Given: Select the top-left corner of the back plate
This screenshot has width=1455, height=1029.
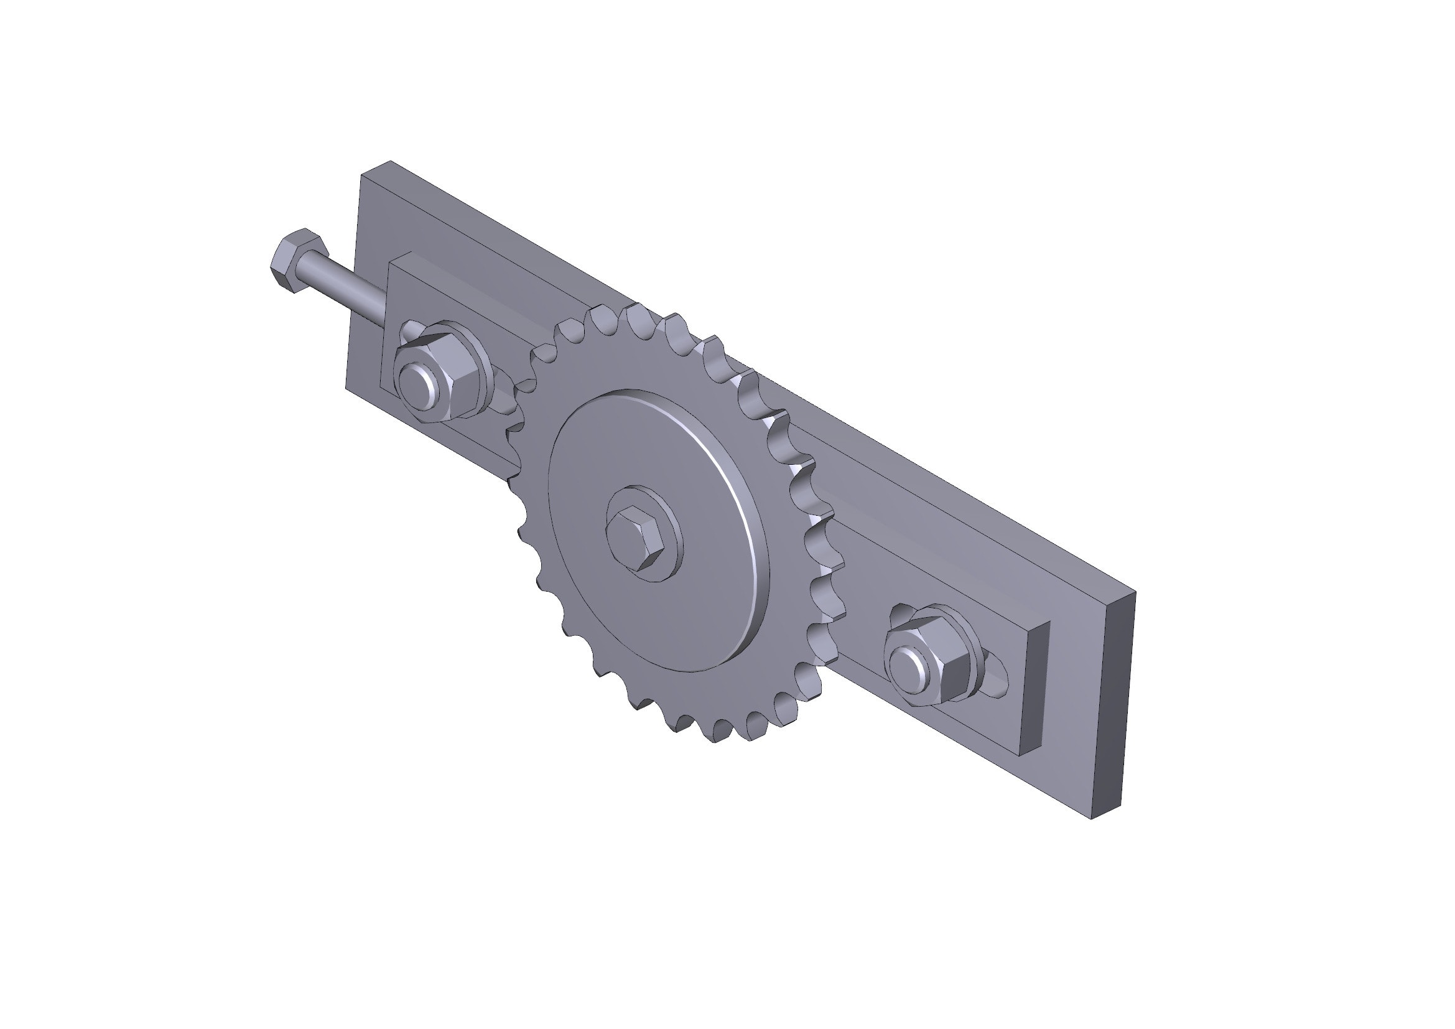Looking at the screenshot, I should [x=361, y=174].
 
